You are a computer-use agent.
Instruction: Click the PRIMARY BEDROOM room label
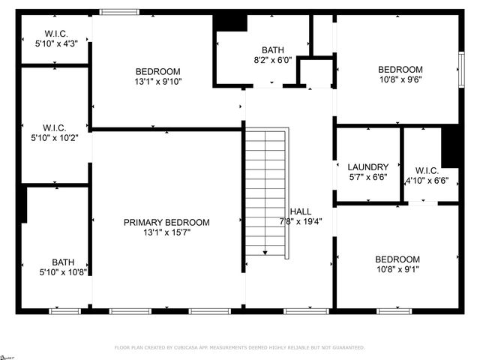click(x=166, y=222)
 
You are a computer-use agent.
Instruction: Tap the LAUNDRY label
click(x=367, y=167)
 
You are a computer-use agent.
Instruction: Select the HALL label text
click(x=301, y=212)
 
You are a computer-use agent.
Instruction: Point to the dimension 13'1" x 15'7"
click(x=166, y=232)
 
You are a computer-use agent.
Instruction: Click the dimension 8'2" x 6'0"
click(x=272, y=60)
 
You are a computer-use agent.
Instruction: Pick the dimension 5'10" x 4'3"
click(x=56, y=44)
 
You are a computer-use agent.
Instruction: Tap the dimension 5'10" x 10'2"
click(x=56, y=137)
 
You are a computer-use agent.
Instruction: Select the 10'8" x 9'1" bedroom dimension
click(x=397, y=269)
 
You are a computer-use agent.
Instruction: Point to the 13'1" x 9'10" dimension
click(x=158, y=82)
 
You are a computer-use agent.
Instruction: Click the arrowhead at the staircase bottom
click(x=265, y=253)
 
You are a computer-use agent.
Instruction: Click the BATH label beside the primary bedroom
click(x=63, y=262)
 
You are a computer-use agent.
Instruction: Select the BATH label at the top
click(x=272, y=50)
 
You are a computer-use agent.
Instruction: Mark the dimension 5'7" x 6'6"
click(x=367, y=178)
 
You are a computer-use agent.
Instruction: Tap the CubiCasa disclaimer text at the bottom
click(x=239, y=348)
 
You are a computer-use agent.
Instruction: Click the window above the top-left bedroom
click(x=119, y=11)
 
